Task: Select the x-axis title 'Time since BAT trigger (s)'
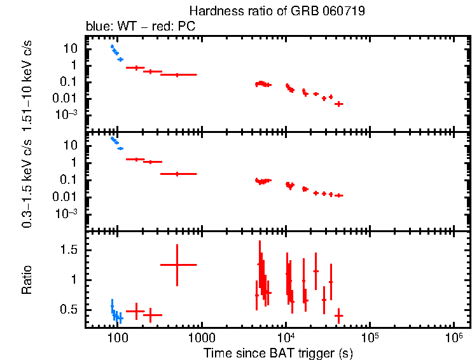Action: click(x=278, y=352)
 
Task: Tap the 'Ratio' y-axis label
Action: click(x=27, y=280)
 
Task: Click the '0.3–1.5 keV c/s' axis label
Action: click(x=27, y=181)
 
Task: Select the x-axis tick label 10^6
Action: click(x=454, y=337)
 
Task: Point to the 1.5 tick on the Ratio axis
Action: click(x=69, y=251)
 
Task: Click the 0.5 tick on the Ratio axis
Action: click(x=69, y=309)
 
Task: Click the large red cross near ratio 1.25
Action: click(x=177, y=265)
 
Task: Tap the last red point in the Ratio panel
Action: click(x=339, y=315)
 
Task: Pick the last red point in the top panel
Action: click(x=339, y=104)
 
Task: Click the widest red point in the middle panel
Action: click(x=178, y=174)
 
